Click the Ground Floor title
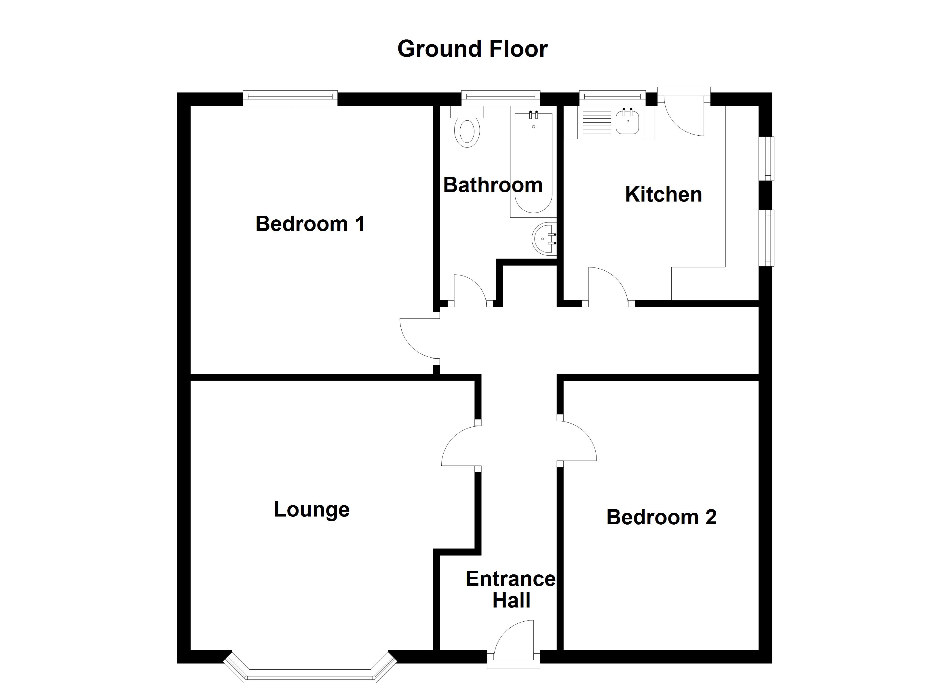click(x=472, y=49)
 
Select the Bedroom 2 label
click(x=661, y=517)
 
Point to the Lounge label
click(x=312, y=510)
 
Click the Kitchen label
click(x=663, y=194)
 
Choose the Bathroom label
click(x=493, y=185)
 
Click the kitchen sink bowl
click(x=628, y=121)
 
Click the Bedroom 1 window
click(x=290, y=97)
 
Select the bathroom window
click(x=501, y=97)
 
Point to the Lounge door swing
click(x=459, y=446)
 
